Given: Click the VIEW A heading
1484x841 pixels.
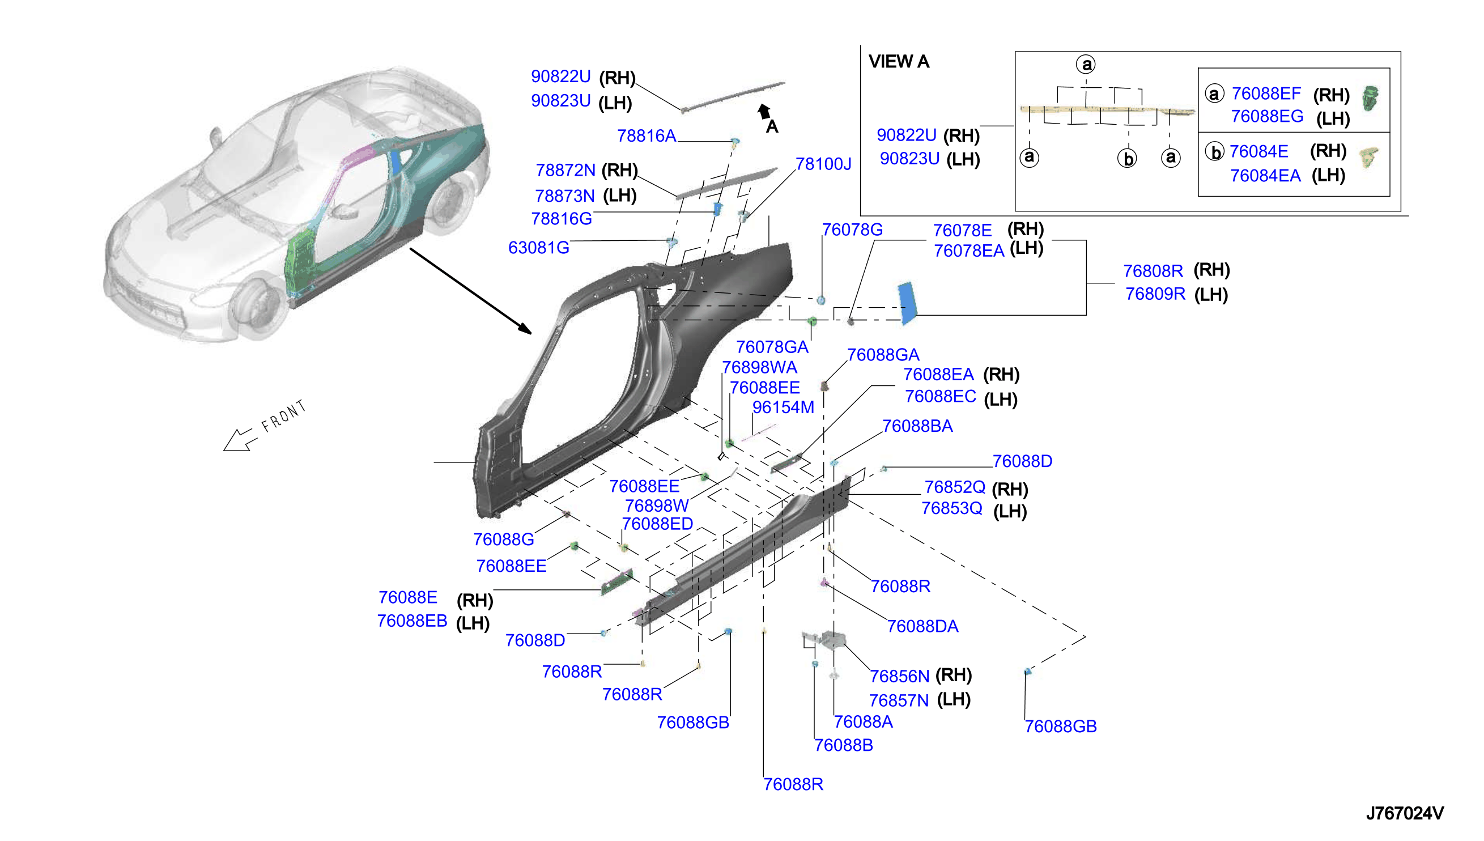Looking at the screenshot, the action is click(899, 61).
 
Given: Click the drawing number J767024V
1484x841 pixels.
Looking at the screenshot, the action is click(1404, 813).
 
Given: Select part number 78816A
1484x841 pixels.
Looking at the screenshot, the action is click(646, 136).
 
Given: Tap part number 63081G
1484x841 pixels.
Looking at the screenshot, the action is click(538, 248).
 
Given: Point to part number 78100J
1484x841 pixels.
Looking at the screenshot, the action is click(823, 164).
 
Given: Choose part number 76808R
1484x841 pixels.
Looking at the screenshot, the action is click(1153, 271).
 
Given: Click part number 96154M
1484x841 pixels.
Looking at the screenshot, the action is click(783, 407).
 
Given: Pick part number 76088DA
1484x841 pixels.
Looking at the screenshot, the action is click(922, 626).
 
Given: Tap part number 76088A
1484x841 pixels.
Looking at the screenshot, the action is click(864, 721).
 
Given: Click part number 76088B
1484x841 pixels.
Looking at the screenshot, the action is click(844, 745).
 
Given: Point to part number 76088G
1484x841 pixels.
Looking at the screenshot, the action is click(504, 540).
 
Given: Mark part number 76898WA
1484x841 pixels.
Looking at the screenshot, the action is click(759, 367).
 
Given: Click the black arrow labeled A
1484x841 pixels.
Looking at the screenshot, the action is click(764, 112).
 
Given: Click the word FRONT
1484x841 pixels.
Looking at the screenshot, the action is click(283, 416).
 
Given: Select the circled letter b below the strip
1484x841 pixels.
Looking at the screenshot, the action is click(1127, 158).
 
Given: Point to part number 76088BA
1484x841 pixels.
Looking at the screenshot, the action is click(917, 426).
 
